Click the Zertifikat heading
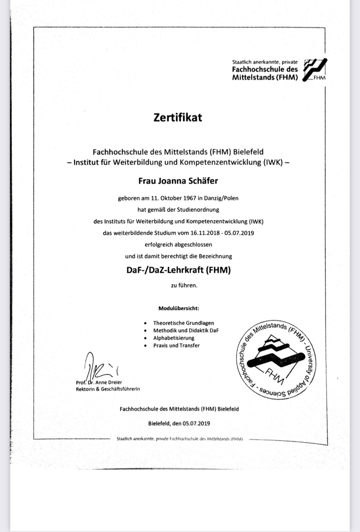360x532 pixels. point(178,117)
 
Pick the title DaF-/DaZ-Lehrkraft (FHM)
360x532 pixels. point(178,270)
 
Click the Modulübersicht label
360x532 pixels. point(179,309)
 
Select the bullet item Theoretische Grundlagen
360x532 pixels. point(183,323)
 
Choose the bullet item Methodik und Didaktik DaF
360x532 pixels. point(186,331)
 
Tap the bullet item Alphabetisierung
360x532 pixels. point(173,338)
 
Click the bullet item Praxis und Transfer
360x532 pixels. point(176,345)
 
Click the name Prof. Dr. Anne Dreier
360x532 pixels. point(99,382)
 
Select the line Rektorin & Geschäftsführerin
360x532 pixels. point(108,389)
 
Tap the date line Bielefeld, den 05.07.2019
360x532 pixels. point(179,423)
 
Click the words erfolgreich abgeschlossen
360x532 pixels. point(178,245)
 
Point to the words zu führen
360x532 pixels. point(184,286)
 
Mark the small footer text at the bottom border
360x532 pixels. point(180,439)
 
